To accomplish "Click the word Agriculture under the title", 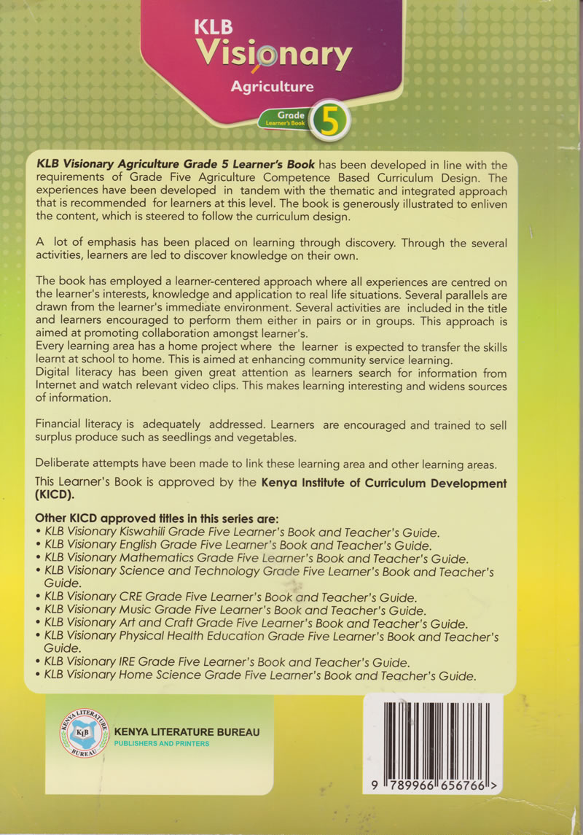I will tap(272, 87).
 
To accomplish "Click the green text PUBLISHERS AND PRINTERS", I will tap(162, 744).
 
